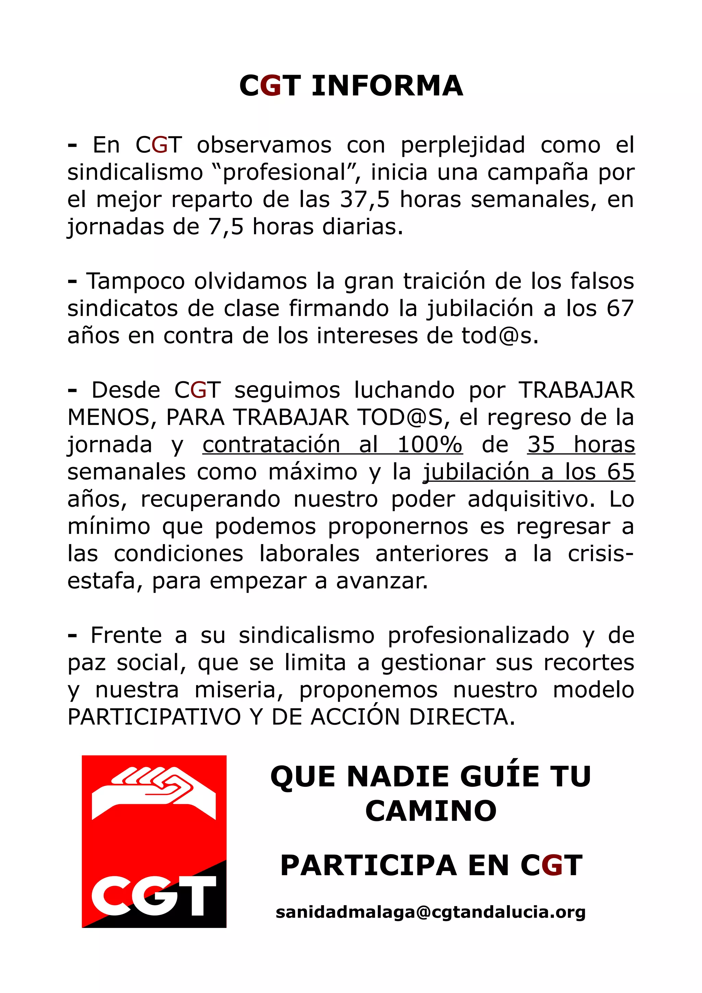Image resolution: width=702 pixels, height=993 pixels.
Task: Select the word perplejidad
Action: [462, 145]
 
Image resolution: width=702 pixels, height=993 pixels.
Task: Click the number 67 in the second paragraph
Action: [620, 308]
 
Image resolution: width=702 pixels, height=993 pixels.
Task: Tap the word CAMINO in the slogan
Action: [431, 810]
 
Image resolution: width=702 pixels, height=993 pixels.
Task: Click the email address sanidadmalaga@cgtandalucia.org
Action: [431, 912]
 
